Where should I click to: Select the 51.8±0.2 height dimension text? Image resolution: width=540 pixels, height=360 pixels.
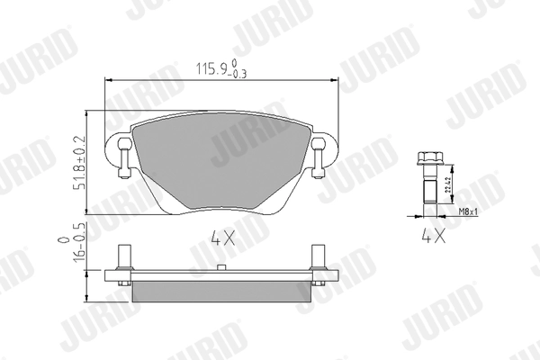point(79,163)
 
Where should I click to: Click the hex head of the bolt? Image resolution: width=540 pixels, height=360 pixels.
point(427,162)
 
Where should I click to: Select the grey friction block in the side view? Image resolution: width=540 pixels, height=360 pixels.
point(221,291)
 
